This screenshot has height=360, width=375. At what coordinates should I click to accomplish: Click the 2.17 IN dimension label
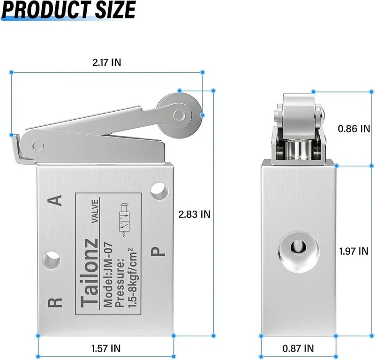click(x=107, y=62)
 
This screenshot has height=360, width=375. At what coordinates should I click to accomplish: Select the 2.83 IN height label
click(x=195, y=214)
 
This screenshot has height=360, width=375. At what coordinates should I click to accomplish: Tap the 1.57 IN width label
click(x=106, y=348)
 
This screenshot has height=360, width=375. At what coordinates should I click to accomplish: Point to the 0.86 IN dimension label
click(x=354, y=129)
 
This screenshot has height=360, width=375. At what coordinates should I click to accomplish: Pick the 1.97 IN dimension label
click(x=354, y=251)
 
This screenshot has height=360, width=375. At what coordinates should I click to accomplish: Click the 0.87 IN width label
click(x=298, y=348)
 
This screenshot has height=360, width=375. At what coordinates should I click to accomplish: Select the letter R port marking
click(x=55, y=303)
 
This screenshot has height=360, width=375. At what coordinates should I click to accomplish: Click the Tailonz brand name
click(x=90, y=273)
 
